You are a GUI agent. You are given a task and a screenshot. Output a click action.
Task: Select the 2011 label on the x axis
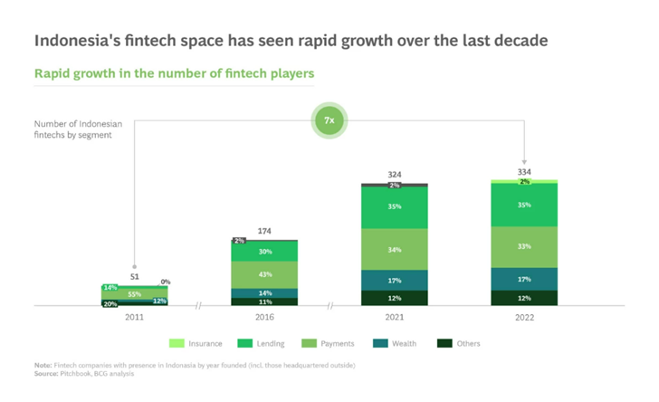coord(134,318)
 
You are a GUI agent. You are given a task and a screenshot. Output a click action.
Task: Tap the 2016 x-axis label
coord(263,318)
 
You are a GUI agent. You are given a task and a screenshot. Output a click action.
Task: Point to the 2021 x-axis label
coord(394,318)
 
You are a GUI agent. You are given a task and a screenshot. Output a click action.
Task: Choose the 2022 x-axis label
coord(524,318)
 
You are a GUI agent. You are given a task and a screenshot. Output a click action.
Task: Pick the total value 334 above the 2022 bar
coord(524,171)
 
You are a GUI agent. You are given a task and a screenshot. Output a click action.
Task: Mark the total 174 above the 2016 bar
coord(263,232)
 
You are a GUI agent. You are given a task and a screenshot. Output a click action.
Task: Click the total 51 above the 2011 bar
coord(134,275)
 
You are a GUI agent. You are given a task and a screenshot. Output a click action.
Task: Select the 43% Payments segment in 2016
coord(263,274)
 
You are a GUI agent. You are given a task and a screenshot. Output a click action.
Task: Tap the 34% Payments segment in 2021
coord(394,249)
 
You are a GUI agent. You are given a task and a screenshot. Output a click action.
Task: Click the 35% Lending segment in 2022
coord(524,206)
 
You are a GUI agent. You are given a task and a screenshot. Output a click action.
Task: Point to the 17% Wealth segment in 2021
coord(394,280)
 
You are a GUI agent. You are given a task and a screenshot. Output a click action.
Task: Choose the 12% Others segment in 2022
coord(524,298)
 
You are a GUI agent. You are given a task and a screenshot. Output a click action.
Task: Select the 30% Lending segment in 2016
coord(263,252)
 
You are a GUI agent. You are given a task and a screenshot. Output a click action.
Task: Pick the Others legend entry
coord(459,343)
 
